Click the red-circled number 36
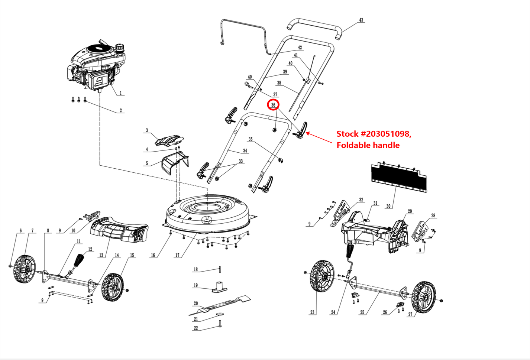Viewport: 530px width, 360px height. tap(273, 105)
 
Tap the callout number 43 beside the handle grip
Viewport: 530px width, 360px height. tap(361, 20)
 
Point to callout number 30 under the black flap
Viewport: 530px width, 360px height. tap(388, 206)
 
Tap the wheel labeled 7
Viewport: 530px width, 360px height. tap(25, 269)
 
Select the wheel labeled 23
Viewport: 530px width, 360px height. tap(321, 276)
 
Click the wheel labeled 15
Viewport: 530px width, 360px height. tap(113, 287)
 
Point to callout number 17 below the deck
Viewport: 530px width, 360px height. tap(177, 255)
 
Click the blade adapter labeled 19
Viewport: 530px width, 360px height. tap(220, 287)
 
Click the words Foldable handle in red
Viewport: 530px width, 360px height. tap(368, 145)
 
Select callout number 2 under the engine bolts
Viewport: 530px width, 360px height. tap(120, 110)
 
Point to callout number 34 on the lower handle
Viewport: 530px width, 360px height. tap(245, 150)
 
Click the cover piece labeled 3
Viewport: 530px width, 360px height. tap(169, 140)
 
